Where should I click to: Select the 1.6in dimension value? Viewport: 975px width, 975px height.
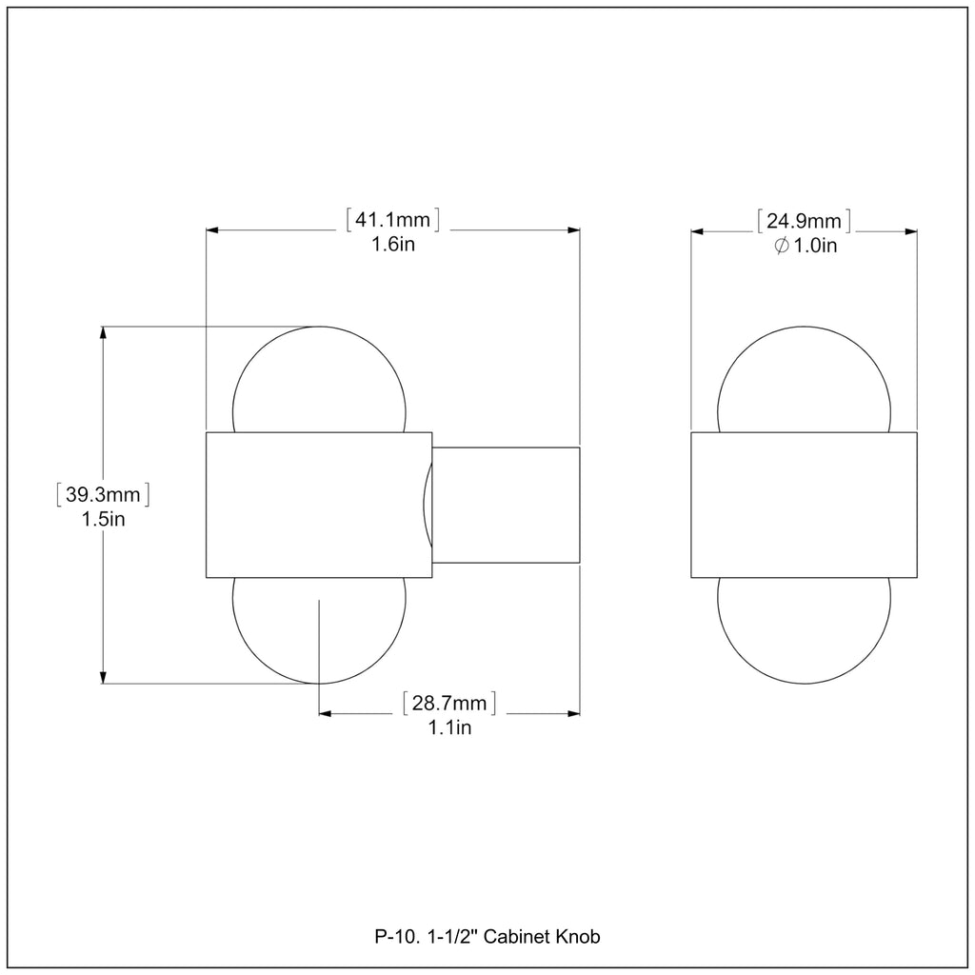393,245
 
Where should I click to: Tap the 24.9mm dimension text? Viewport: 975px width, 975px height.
804,221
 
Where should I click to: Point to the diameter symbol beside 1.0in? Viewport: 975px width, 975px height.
782,246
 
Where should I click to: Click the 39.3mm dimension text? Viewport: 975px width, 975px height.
103,494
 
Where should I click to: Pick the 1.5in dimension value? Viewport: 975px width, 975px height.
103,519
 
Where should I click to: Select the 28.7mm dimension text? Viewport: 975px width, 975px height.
449,704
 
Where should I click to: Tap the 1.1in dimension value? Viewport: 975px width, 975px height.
449,727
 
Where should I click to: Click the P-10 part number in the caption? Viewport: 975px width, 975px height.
390,937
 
